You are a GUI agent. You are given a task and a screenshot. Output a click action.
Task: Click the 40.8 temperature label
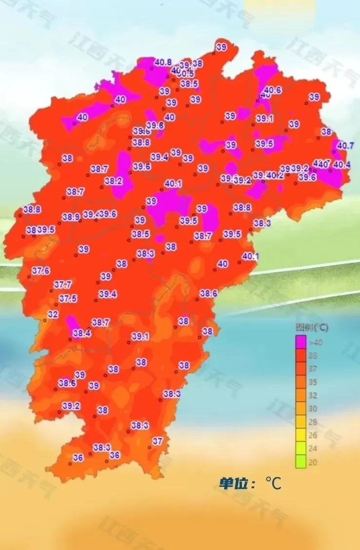click(x=163, y=62)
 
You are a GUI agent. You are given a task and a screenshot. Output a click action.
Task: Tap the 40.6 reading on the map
click(x=273, y=90)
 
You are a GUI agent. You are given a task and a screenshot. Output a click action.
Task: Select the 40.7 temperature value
click(x=345, y=145)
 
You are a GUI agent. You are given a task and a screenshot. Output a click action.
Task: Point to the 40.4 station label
click(x=341, y=165)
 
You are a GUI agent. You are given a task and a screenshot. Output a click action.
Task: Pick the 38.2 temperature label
click(x=114, y=181)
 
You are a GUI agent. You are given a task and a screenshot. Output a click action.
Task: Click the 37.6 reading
click(x=40, y=271)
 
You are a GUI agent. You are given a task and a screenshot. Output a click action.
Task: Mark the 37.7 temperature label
click(x=63, y=284)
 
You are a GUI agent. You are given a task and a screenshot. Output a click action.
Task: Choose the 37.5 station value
click(x=68, y=298)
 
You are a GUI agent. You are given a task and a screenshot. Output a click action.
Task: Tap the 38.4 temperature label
click(x=81, y=333)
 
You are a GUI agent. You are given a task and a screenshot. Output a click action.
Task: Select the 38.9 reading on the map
click(x=71, y=217)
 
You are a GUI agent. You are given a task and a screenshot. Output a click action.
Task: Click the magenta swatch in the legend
click(x=301, y=342)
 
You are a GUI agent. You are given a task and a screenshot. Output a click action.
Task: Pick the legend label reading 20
click(x=313, y=462)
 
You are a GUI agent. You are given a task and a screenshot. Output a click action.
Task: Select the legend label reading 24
click(x=313, y=448)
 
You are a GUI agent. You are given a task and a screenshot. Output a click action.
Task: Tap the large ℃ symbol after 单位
click(x=273, y=483)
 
